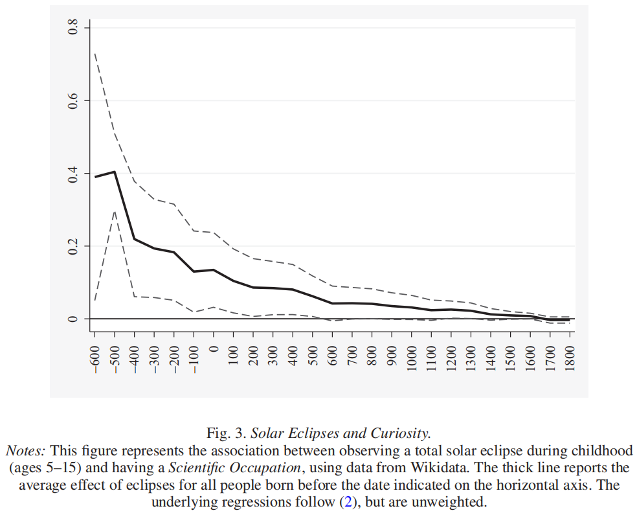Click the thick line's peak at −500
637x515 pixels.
tap(115, 172)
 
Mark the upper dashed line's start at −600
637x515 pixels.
tap(95, 53)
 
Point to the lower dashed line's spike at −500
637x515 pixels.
tap(115, 211)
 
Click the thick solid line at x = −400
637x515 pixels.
tap(135, 239)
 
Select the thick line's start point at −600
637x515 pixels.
tap(95, 176)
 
